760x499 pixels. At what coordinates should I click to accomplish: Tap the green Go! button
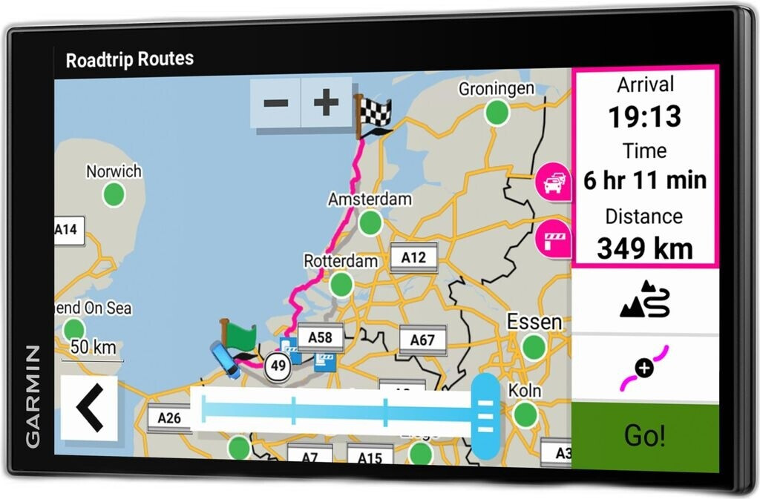(x=644, y=436)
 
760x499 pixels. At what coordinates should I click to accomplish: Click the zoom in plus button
(x=326, y=103)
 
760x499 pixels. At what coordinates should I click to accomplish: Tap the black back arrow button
(x=89, y=408)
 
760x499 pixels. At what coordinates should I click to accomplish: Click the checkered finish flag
(x=374, y=115)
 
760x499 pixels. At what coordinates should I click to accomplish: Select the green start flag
(x=237, y=337)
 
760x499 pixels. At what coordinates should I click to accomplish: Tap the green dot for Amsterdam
(x=370, y=222)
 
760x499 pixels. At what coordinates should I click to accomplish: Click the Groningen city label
(x=496, y=89)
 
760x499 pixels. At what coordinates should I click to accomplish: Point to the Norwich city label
(x=114, y=172)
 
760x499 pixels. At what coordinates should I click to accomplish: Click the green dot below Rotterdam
(x=341, y=284)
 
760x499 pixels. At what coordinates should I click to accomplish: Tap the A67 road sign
(x=422, y=340)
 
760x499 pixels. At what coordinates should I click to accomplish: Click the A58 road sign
(x=320, y=337)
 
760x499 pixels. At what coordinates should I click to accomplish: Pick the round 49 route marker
(x=278, y=366)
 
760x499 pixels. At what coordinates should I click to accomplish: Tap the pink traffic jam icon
(x=553, y=182)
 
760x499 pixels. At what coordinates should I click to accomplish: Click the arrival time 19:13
(x=644, y=116)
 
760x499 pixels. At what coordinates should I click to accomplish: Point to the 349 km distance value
(x=644, y=248)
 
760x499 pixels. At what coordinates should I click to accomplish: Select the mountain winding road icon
(x=644, y=300)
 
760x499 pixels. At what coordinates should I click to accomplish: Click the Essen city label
(x=534, y=323)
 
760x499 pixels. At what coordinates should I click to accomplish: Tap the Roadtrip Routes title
(x=130, y=59)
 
